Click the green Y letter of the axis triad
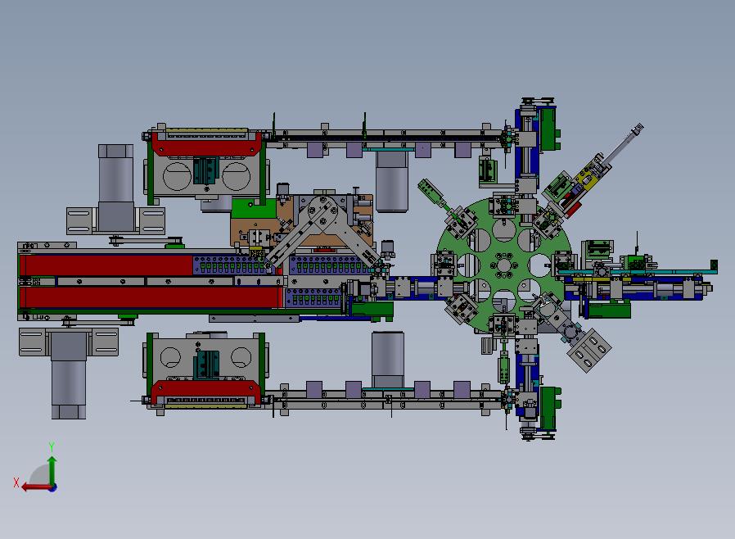(52, 446)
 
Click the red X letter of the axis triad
(16, 482)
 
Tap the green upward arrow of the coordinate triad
(52, 470)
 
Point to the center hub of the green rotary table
(504, 266)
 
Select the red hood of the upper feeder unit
(206, 144)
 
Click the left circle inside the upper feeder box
(177, 176)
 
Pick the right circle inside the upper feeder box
(237, 176)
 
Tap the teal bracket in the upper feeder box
(207, 170)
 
